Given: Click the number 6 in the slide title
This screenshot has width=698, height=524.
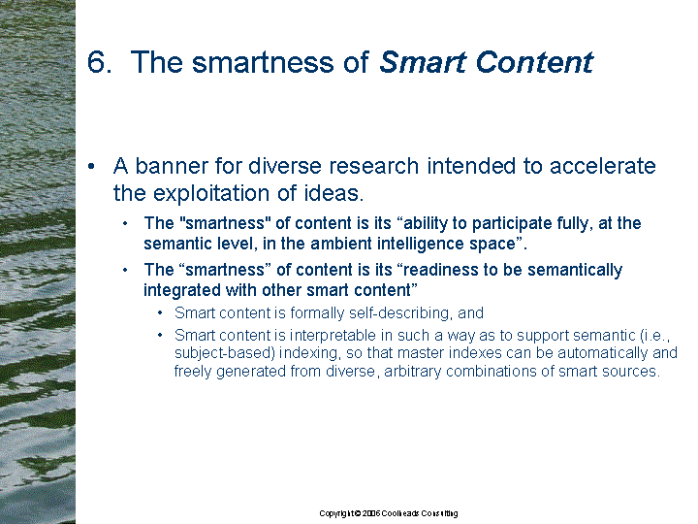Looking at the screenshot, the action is pyautogui.click(x=96, y=62).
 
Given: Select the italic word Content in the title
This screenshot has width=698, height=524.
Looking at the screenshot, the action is pyautogui.click(x=534, y=62).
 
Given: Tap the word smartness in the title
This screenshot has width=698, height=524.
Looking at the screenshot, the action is pyautogui.click(x=263, y=62).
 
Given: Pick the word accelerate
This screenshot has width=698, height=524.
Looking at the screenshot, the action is pyautogui.click(x=602, y=166).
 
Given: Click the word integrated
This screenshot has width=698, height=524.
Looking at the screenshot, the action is pyautogui.click(x=182, y=290).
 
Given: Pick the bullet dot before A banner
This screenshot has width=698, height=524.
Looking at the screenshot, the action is pyautogui.click(x=91, y=166).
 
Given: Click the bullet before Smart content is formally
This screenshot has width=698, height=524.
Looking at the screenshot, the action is pyautogui.click(x=160, y=313).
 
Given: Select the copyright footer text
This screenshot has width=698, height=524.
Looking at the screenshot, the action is pyautogui.click(x=388, y=513).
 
